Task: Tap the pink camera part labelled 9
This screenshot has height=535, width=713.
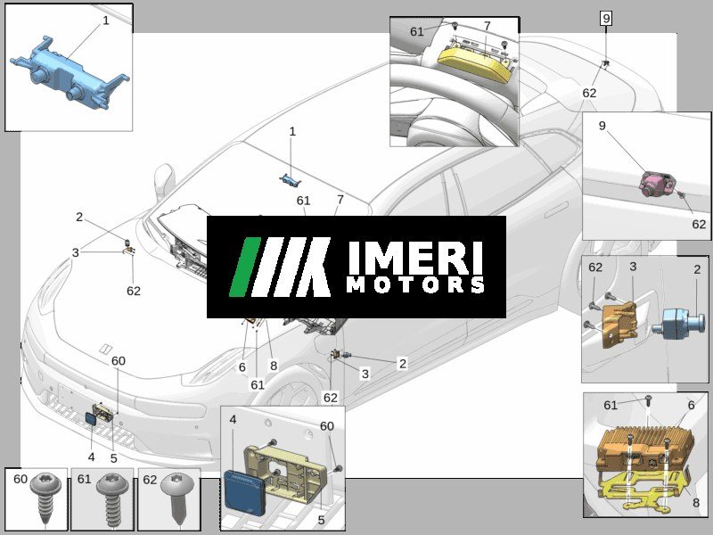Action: pyautogui.click(x=656, y=184)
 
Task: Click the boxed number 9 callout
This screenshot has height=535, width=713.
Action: pyautogui.click(x=606, y=19)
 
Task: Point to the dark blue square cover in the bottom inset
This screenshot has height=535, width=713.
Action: pyautogui.click(x=243, y=494)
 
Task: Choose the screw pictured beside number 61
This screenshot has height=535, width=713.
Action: pyautogui.click(x=112, y=499)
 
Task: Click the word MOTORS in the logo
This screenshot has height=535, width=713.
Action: pyautogui.click(x=415, y=284)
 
